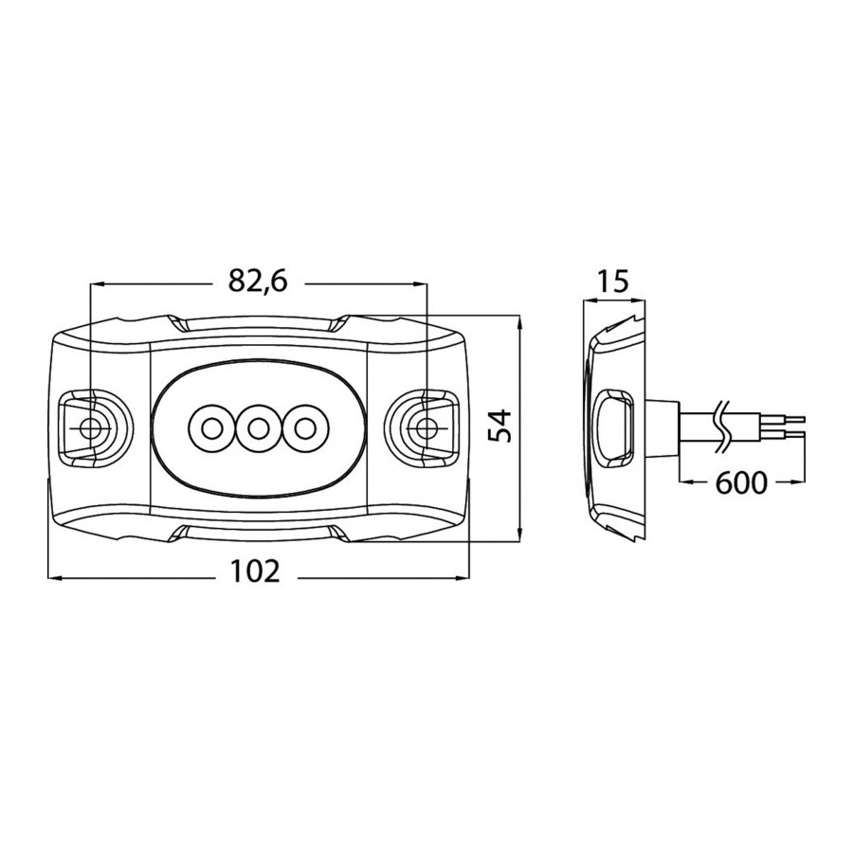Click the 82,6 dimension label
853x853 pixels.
click(x=257, y=281)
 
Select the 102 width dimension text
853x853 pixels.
click(x=255, y=571)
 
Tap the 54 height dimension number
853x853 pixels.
click(x=499, y=426)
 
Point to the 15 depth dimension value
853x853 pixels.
click(x=613, y=281)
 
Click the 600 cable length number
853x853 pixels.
click(x=741, y=482)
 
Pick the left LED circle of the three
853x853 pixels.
click(x=211, y=428)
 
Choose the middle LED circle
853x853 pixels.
click(x=258, y=428)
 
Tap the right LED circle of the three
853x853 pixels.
click(x=304, y=428)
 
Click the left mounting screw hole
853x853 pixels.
click(x=90, y=428)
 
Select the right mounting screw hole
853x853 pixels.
click(x=426, y=428)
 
